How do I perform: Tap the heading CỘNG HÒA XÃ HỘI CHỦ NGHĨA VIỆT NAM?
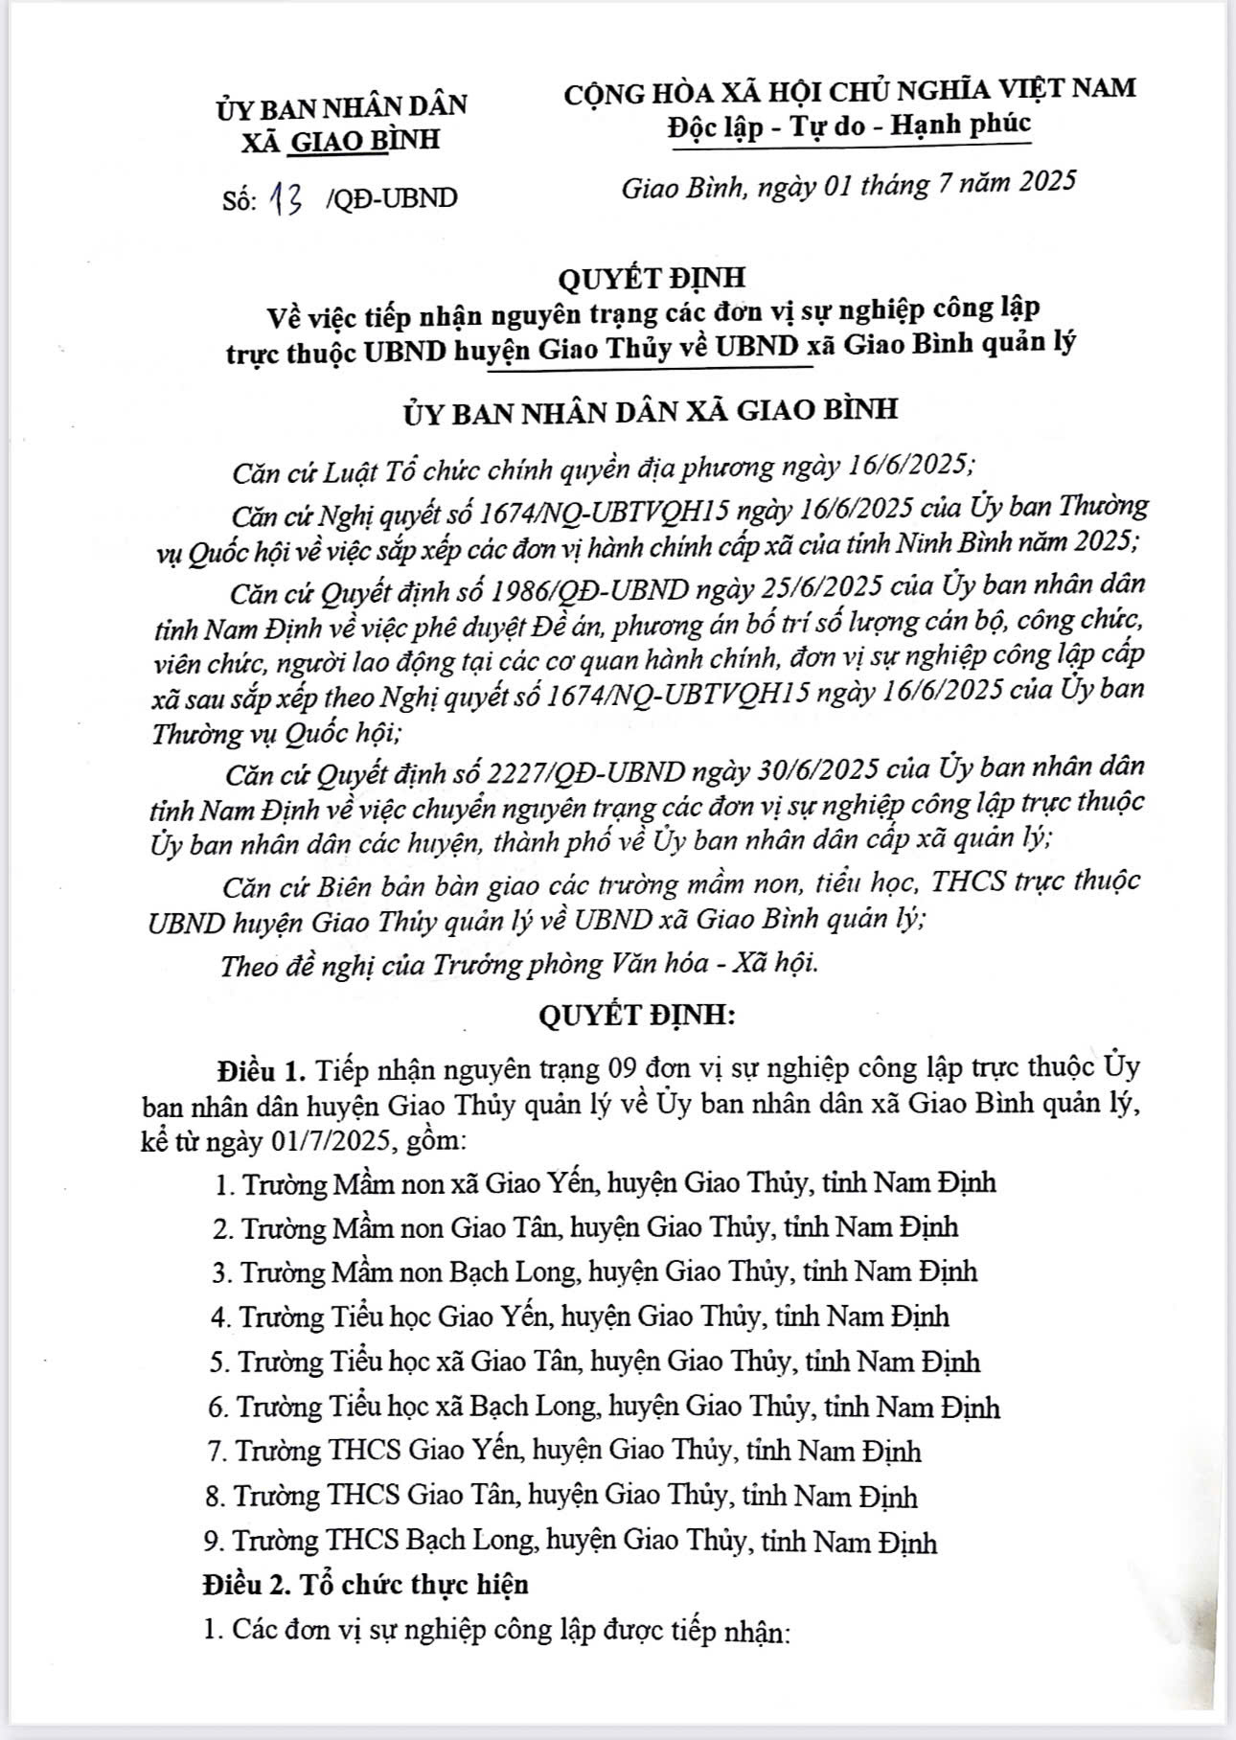(x=849, y=89)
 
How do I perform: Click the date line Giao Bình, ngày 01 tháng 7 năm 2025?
(x=849, y=184)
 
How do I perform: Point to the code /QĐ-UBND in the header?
(x=391, y=198)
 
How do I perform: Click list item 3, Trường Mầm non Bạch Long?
(x=594, y=1271)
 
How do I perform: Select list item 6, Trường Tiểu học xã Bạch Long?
(x=604, y=1408)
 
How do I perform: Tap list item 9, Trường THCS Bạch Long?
(x=570, y=1542)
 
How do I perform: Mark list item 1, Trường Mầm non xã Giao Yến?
(x=606, y=1182)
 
